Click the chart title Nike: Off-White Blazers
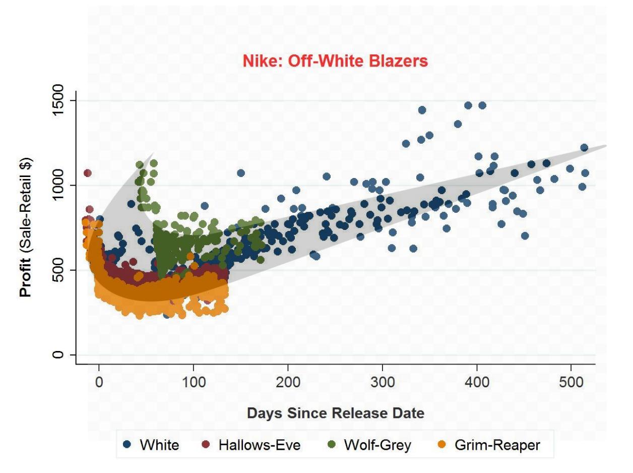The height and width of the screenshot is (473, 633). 335,62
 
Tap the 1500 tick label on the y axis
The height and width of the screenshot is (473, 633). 59,101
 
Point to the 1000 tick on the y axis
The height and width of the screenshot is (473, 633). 59,186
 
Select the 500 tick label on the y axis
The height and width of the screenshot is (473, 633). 59,270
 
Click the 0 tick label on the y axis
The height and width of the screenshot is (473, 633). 59,355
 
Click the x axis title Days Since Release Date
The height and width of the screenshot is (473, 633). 335,413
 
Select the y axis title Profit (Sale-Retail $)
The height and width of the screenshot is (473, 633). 27,227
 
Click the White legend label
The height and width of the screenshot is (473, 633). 159,445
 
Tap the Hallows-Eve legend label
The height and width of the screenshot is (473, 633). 259,445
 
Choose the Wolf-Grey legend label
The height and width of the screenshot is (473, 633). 377,445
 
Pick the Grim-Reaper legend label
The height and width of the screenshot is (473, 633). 497,445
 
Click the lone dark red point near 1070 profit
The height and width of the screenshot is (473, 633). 87,173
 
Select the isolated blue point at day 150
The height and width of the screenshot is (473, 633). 241,173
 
